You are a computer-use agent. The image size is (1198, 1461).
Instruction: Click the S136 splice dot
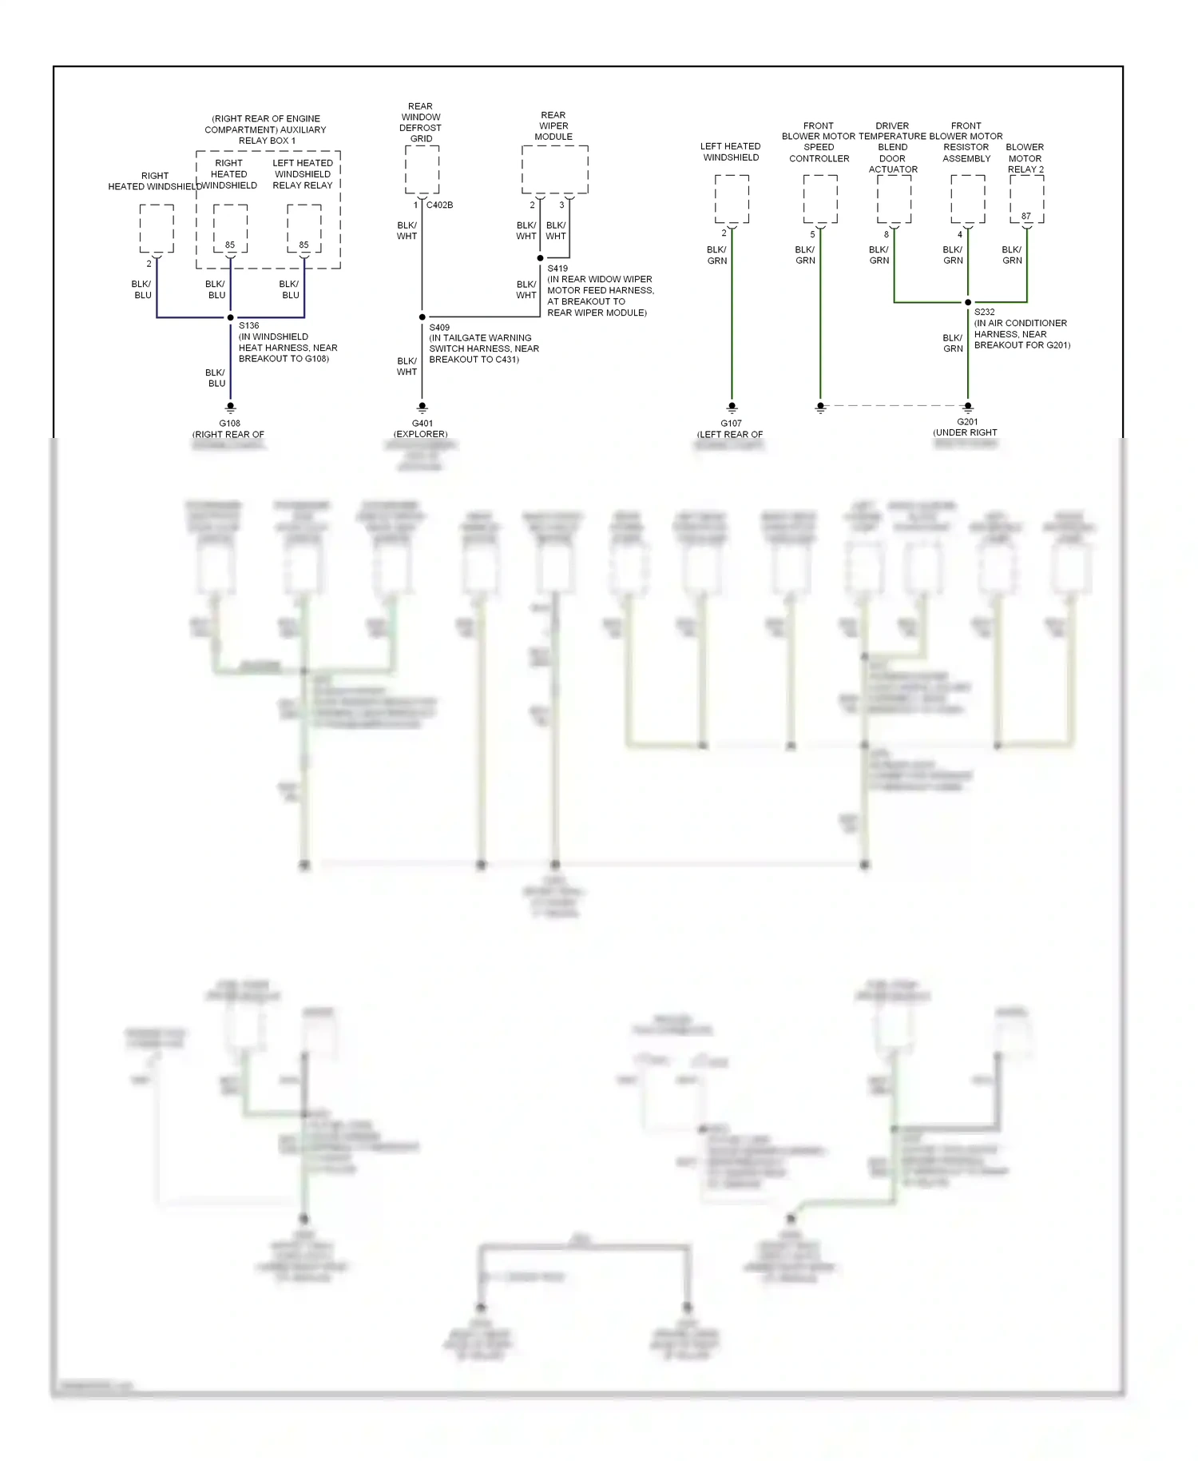(x=231, y=317)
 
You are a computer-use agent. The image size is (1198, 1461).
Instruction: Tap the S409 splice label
(x=439, y=327)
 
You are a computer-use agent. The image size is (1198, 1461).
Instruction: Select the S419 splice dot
(x=541, y=258)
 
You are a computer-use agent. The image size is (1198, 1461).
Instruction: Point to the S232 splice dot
(x=968, y=302)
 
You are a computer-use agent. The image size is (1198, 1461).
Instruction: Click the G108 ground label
(x=230, y=424)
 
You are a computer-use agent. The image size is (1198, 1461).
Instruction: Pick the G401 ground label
(x=422, y=424)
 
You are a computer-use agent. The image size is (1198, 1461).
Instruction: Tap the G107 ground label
(x=732, y=424)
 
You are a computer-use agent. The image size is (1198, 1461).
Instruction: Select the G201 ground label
(x=967, y=422)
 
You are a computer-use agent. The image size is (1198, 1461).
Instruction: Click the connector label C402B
(x=439, y=205)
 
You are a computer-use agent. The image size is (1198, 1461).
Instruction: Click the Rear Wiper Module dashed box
(x=555, y=169)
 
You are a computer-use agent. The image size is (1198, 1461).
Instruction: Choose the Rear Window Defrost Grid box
(x=422, y=169)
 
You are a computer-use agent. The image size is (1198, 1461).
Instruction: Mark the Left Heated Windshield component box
(x=732, y=199)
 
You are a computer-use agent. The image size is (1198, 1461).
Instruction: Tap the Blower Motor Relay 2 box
(x=1026, y=199)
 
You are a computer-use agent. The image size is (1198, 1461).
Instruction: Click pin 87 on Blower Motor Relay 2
(x=1026, y=217)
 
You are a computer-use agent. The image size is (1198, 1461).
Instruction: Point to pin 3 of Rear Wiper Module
(x=561, y=205)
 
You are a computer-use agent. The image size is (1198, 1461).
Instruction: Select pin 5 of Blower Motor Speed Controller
(x=812, y=234)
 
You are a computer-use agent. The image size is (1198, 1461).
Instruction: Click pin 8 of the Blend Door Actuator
(x=886, y=234)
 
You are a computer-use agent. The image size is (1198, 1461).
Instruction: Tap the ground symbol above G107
(x=732, y=407)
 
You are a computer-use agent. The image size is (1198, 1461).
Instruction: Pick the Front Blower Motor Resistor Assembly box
(x=968, y=199)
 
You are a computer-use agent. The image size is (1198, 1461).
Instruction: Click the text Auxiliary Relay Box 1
(x=266, y=129)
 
